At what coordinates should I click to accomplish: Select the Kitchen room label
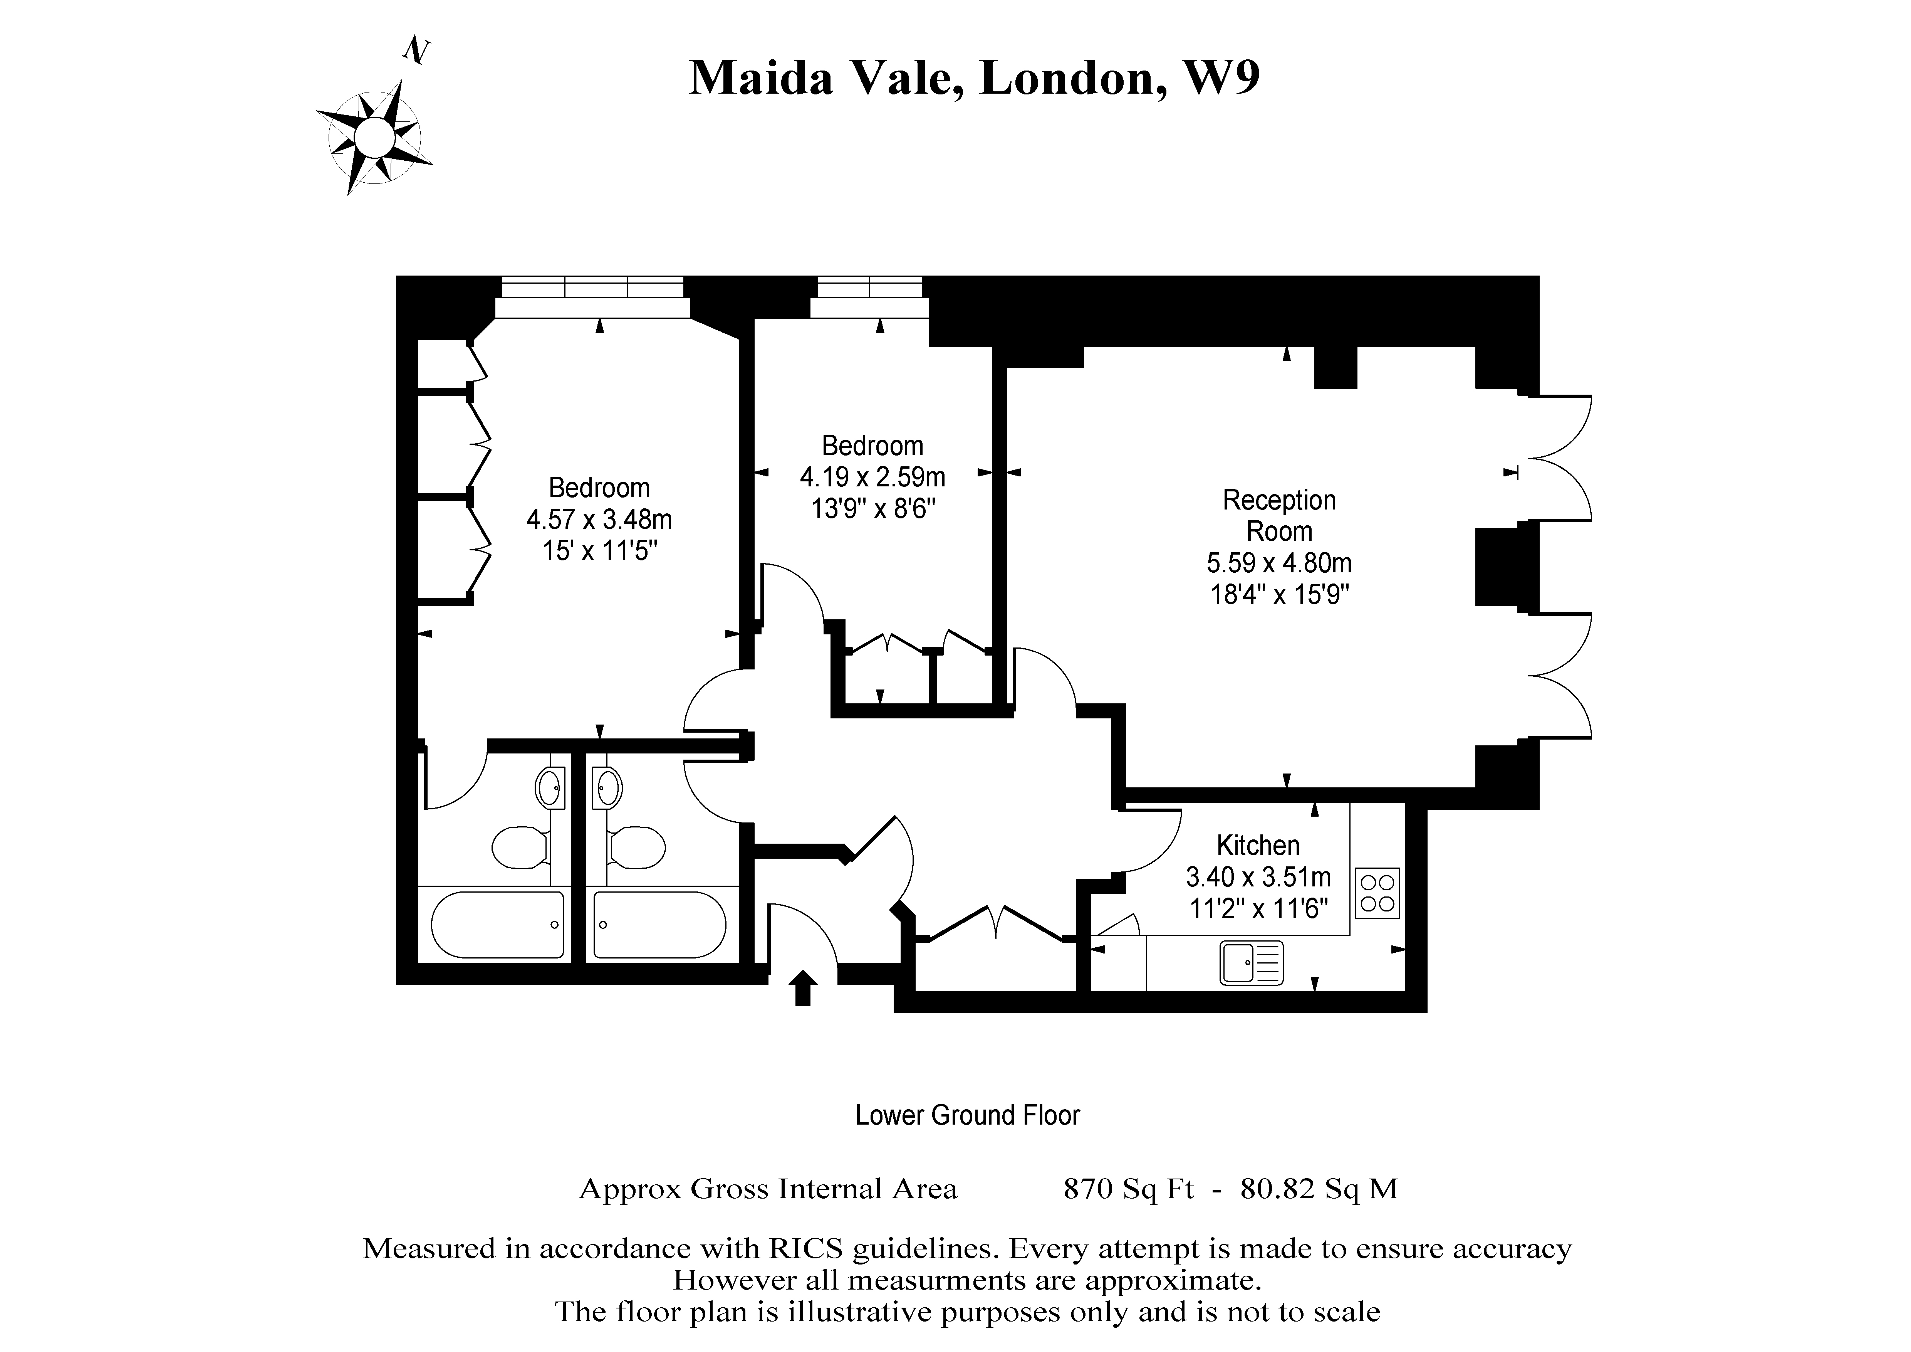click(x=1258, y=846)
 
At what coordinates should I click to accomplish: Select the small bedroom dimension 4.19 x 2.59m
click(x=872, y=477)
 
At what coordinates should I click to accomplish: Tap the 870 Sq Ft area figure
click(x=1129, y=1189)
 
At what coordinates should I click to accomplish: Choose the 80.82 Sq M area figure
click(x=1319, y=1189)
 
